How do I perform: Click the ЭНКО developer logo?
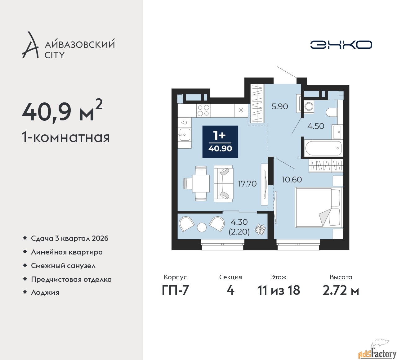point(341,45)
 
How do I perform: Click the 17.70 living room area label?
point(247,183)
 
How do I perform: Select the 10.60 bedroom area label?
point(292,180)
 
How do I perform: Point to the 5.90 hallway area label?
point(280,106)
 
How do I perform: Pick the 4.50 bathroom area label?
point(316,126)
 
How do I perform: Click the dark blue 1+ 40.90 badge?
point(220,142)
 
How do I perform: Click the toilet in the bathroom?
point(332,112)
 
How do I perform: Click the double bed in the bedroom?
point(319,207)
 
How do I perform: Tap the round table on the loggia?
point(202,227)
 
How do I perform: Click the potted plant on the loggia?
point(260,230)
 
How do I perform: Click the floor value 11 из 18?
point(279,290)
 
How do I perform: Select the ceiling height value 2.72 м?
point(341,290)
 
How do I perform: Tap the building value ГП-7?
point(175,290)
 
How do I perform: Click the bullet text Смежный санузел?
point(63,266)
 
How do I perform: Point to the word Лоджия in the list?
point(45,292)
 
